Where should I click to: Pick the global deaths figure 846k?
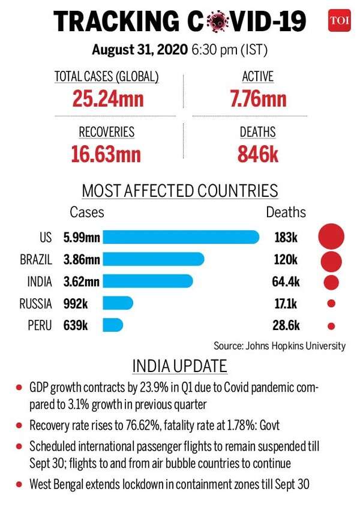click(257, 153)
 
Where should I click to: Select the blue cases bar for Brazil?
click(154, 260)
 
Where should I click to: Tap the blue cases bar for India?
click(148, 281)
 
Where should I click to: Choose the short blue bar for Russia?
click(118, 304)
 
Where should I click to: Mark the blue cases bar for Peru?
click(113, 326)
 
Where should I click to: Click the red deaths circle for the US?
click(331, 236)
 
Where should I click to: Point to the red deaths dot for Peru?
click(331, 326)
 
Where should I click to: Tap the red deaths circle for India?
click(331, 282)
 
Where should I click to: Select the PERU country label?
click(40, 326)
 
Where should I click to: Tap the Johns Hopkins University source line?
click(280, 346)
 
